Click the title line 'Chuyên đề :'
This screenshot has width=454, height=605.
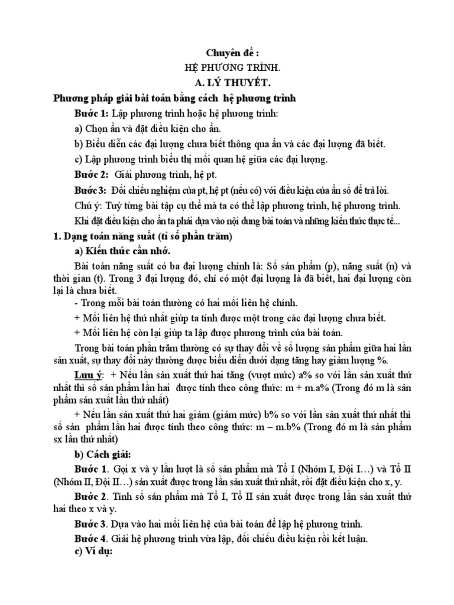click(x=227, y=52)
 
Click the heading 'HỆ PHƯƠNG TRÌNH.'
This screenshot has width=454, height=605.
click(x=227, y=67)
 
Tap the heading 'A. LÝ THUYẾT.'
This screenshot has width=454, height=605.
click(x=227, y=83)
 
